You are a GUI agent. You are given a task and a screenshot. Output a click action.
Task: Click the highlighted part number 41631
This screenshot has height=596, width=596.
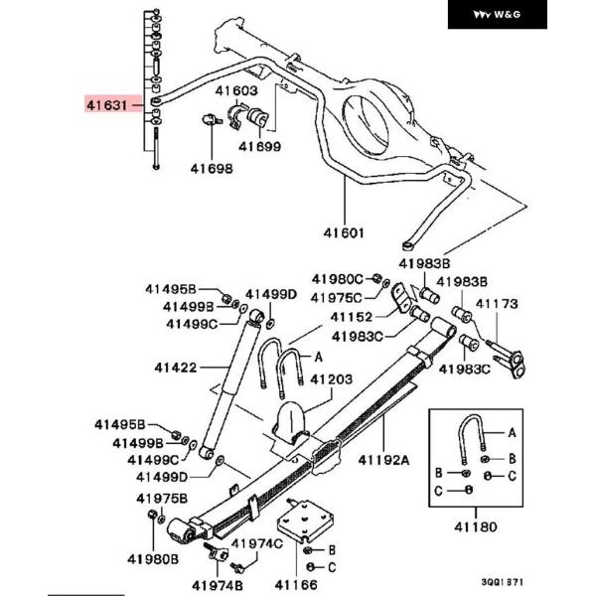coord(107,105)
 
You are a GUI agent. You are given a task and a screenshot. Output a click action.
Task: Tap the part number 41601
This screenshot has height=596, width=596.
coord(344,232)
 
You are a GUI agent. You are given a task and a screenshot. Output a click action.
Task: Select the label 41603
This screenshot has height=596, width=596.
coord(236,90)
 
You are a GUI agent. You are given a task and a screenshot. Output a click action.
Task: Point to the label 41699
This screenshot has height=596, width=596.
coord(259,146)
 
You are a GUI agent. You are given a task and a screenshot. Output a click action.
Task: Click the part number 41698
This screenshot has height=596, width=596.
coord(212,169)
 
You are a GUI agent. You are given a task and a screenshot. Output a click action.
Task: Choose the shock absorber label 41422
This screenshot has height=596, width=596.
coord(176,368)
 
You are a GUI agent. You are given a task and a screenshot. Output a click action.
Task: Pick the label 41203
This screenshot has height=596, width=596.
coord(332,379)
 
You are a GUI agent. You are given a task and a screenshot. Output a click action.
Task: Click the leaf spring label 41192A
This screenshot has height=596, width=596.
coord(383,460)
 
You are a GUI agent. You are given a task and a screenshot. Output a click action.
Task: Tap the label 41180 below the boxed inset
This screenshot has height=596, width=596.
coord(476,527)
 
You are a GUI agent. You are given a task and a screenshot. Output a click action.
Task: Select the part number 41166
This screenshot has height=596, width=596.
coord(296,585)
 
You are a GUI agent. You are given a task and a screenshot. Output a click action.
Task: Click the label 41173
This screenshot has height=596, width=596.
coord(497,304)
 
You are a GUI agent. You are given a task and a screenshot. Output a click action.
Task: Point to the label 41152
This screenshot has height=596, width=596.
coord(352,317)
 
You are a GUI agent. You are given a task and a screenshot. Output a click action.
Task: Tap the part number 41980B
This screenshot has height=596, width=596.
coord(153,559)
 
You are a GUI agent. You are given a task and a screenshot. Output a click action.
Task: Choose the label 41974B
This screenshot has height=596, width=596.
coord(218,585)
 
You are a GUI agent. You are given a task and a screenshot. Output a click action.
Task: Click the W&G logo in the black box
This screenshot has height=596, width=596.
coord(498,15)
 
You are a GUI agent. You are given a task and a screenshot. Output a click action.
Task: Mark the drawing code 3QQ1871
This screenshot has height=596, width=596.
coord(502,582)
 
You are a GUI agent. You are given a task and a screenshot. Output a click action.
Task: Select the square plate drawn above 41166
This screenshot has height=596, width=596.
coord(305,521)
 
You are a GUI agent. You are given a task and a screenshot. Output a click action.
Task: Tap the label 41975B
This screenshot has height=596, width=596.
coord(162,499)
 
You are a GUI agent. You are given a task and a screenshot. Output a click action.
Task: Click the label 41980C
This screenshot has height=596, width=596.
coord(338,279)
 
